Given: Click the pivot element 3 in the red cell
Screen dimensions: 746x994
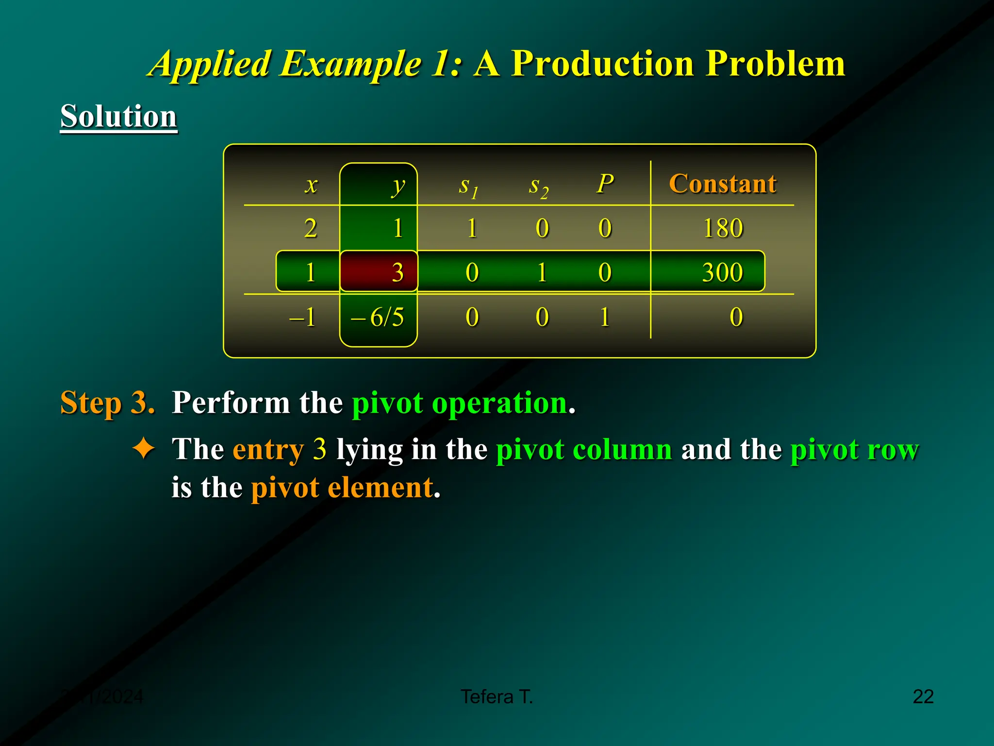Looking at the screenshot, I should coord(398,272).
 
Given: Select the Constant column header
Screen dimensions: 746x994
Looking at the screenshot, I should coord(722,184).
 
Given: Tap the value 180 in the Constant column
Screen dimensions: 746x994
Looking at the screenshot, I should coord(723,228).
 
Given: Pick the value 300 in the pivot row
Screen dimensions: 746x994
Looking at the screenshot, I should coord(722,272).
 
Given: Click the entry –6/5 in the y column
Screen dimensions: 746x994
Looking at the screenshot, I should coord(378,317).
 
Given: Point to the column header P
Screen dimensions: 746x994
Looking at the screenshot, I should coord(605,184).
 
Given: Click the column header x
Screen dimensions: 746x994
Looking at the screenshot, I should coord(311,185).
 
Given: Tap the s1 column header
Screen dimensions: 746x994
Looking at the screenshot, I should coord(468,186).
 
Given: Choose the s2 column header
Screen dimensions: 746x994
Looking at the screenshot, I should coord(538,186).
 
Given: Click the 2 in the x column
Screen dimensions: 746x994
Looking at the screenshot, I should coord(310,228).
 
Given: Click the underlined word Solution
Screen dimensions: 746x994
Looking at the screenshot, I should coord(118,116).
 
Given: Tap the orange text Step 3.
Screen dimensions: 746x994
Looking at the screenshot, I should coord(107,403).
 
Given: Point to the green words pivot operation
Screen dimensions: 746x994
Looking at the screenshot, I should coord(460,403).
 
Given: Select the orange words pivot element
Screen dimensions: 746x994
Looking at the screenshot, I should coord(342,487).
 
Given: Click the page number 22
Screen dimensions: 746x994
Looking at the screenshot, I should coord(923,696).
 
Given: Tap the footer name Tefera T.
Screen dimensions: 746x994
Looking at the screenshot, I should coord(497,696).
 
